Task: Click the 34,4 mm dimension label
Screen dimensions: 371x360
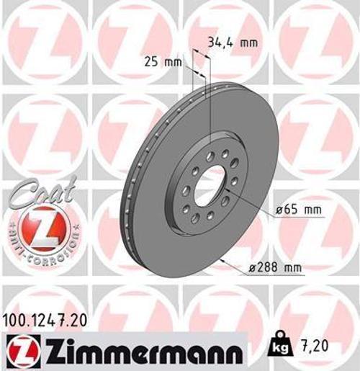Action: point(232,43)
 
